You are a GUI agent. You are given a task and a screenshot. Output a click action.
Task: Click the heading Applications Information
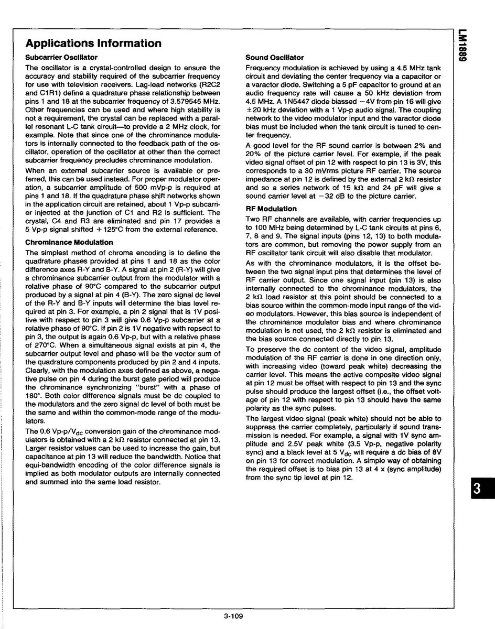93,43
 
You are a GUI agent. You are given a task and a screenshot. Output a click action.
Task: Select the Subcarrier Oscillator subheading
61,57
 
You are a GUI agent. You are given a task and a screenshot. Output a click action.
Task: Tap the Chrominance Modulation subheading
69,242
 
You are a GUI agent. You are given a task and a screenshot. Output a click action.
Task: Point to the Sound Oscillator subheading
275,57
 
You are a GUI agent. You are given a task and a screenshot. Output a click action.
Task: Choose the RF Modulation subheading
271,209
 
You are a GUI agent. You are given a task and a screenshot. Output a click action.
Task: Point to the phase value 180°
34,396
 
